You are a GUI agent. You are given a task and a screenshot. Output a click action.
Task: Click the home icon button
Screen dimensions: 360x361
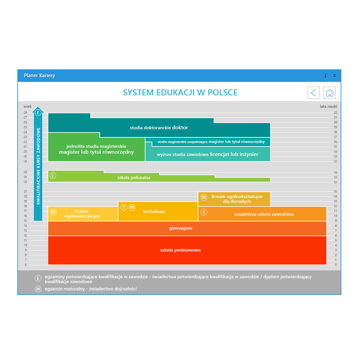pos(329,93)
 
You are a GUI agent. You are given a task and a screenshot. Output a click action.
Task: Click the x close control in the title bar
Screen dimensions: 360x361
pos(335,75)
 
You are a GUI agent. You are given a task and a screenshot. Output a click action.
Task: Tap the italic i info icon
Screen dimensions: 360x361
pos(326,76)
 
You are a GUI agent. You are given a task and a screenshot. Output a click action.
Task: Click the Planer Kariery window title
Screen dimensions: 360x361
pos(39,76)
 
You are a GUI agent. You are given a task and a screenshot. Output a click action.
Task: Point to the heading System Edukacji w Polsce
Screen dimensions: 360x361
pos(180,93)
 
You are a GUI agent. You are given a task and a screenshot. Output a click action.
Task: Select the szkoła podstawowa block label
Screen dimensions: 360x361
pos(180,250)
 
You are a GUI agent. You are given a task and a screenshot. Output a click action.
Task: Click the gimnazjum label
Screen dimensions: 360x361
pos(180,228)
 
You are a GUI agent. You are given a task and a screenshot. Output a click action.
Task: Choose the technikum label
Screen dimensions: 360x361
pos(154,211)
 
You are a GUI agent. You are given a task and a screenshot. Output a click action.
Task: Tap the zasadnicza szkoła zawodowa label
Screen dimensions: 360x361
pos(264,214)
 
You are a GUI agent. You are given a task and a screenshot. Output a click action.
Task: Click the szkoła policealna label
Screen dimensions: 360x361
pos(134,178)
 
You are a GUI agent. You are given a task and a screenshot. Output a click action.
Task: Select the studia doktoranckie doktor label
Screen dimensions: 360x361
pos(159,128)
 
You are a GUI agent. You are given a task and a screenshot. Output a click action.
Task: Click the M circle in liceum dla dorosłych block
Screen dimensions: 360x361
pos(204,197)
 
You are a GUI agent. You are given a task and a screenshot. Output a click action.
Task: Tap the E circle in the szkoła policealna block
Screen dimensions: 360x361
pos(53,176)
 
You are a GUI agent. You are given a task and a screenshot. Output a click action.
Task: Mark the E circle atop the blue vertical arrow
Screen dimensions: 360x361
pos(38,112)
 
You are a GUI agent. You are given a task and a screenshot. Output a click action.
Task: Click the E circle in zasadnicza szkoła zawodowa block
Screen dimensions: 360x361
pos(204,212)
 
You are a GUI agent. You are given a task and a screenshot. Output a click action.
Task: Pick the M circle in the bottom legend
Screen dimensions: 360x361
pos(38,289)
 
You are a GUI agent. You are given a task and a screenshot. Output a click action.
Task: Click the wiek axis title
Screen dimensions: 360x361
pos(27,106)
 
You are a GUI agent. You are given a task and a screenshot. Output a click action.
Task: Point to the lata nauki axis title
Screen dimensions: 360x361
pos(329,106)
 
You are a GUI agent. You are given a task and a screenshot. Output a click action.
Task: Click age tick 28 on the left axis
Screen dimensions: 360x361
pos(25,112)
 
